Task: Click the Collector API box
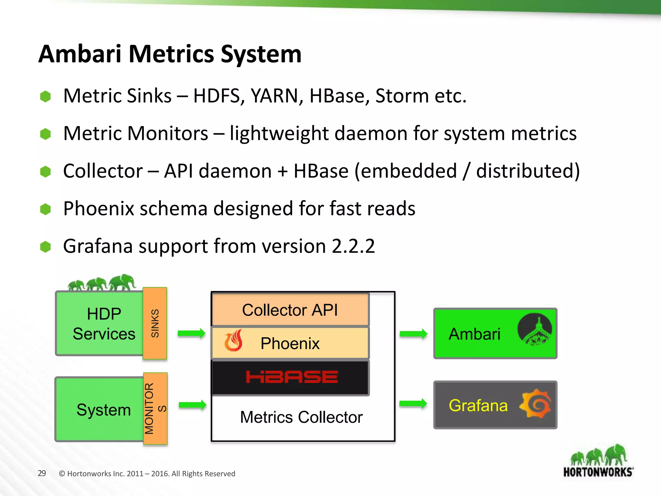(x=290, y=310)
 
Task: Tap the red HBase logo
(x=292, y=377)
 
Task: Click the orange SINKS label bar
(x=155, y=323)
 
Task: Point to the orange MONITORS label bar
(x=155, y=408)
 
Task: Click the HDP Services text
(x=104, y=324)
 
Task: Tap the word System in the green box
(x=104, y=410)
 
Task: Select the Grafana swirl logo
(x=535, y=404)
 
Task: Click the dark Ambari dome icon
(x=534, y=330)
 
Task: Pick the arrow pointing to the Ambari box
(x=413, y=334)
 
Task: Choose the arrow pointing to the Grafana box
(x=413, y=403)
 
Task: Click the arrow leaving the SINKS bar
(x=191, y=333)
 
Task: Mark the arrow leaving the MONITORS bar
(x=192, y=405)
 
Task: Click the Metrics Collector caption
(x=301, y=417)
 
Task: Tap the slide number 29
(x=42, y=473)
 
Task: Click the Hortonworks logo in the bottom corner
(x=598, y=462)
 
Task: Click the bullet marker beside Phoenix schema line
(x=46, y=209)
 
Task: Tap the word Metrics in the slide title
(x=171, y=54)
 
